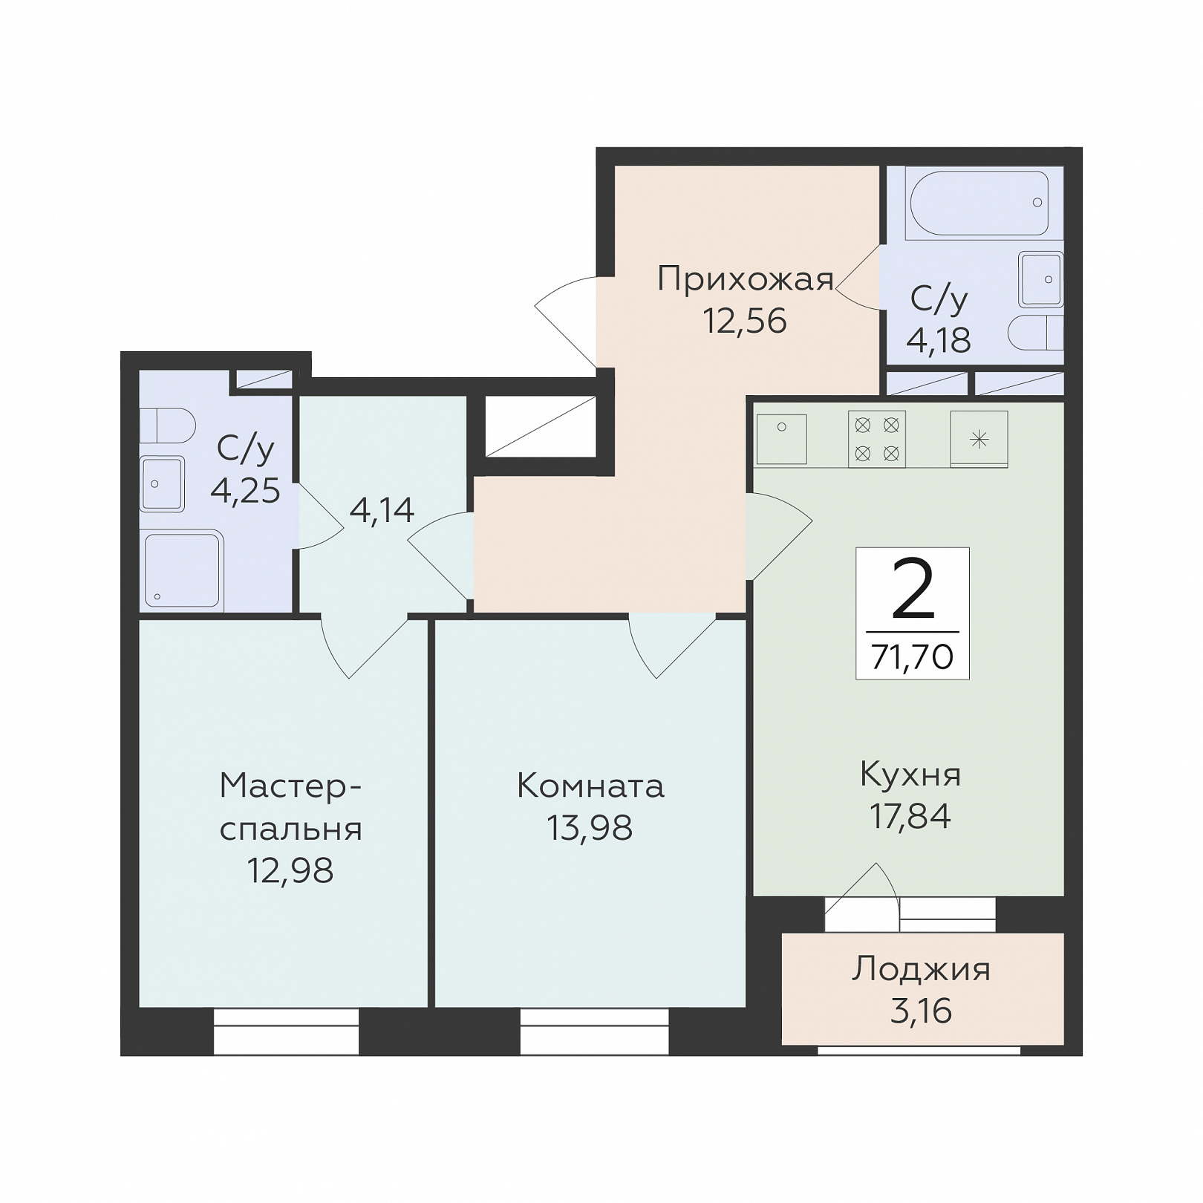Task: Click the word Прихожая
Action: point(746,280)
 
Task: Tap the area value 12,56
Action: point(745,321)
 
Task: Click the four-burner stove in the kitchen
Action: point(877,439)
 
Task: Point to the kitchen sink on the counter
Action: point(781,439)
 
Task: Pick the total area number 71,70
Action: point(913,656)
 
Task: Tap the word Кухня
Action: point(910,775)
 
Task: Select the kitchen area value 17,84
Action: point(910,816)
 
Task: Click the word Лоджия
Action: point(921,970)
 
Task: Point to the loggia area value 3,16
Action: point(921,1011)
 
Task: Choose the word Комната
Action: point(590,786)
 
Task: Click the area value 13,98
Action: point(590,827)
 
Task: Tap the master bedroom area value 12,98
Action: point(290,870)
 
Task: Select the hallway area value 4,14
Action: point(382,510)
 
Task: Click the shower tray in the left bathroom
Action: point(183,570)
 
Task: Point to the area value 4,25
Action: point(245,491)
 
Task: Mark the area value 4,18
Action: point(939,340)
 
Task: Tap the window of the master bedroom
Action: point(286,1031)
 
